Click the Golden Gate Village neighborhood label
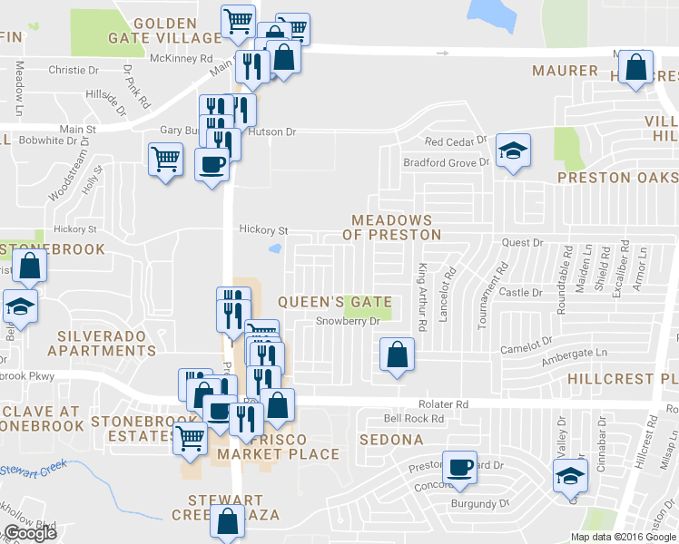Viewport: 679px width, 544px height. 177,30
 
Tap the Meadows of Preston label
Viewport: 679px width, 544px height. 391,228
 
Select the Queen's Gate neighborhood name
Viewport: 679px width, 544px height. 335,302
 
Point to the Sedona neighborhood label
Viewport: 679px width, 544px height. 391,440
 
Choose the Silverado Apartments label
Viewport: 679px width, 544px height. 102,344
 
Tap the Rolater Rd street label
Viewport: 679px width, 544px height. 443,404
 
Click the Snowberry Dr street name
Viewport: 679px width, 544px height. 346,321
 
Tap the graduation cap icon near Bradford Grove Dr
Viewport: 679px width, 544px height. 514,151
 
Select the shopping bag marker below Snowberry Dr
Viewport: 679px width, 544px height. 398,355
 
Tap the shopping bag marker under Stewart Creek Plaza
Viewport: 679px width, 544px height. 228,521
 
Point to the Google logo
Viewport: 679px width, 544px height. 29,534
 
